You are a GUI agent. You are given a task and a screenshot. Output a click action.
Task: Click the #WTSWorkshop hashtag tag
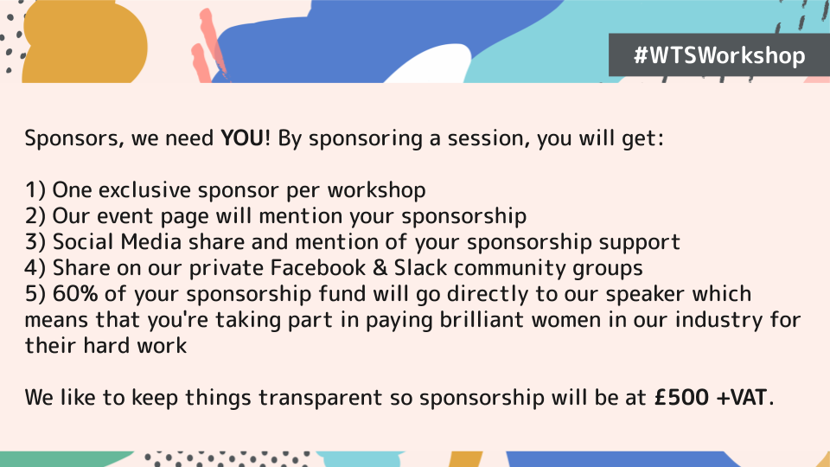click(x=719, y=56)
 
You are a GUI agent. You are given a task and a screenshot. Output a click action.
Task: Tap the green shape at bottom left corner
click(x=52, y=458)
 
